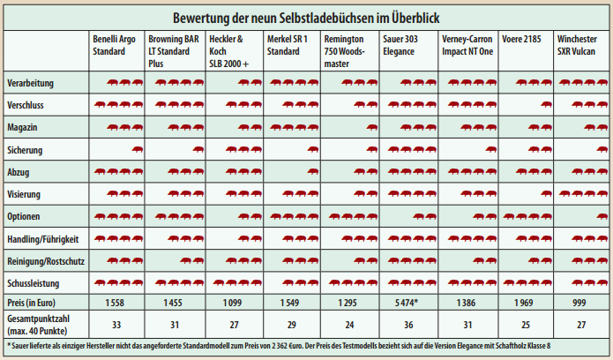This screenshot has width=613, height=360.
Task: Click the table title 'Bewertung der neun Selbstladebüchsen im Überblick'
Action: tap(306, 18)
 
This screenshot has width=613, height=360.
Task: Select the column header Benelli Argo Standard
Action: tap(114, 45)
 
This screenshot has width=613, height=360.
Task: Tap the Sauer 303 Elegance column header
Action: tap(400, 45)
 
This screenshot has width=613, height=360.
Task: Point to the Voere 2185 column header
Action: tap(521, 39)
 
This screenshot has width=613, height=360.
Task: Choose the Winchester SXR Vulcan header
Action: tap(577, 45)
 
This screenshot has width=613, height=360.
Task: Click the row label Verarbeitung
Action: tap(30, 83)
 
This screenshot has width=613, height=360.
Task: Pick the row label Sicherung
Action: tap(25, 150)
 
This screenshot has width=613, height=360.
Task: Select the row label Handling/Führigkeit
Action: tap(43, 239)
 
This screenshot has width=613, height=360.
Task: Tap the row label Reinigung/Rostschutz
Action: tap(46, 261)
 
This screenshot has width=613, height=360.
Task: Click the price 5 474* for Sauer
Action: tap(407, 303)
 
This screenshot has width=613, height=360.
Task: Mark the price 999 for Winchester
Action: tap(579, 303)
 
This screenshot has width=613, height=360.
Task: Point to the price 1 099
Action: tap(232, 303)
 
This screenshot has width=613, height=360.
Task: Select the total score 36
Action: tap(408, 325)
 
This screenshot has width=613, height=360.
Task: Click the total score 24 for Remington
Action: tap(349, 325)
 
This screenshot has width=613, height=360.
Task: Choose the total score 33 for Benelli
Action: tap(116, 325)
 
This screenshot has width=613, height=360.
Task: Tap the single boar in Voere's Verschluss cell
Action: tap(546, 104)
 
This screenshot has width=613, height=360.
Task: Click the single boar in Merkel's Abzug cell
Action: tap(313, 171)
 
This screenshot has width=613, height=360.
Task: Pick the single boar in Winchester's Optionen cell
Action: tap(602, 216)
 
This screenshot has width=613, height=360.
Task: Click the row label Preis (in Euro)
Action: tap(31, 303)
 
